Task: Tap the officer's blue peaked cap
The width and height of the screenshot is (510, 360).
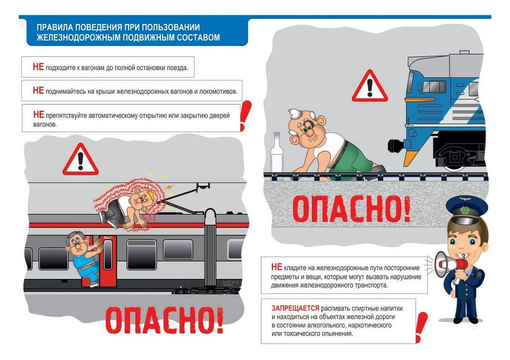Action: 467,208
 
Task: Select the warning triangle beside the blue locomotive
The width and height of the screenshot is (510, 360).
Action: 370,86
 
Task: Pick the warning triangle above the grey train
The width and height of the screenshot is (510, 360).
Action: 80,160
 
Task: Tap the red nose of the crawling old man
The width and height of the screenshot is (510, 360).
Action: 309,132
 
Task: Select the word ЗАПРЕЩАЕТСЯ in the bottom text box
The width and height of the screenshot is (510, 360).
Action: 295,308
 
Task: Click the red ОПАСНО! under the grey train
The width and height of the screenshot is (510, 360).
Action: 164,320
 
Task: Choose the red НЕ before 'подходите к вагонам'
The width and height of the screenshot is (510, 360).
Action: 38,67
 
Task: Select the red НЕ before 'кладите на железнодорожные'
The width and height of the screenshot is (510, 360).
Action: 276,267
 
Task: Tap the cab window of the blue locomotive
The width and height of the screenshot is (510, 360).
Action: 434,87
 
